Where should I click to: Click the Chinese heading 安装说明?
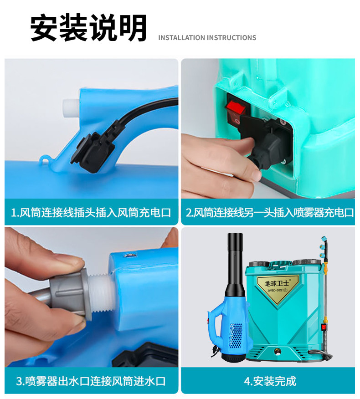coord(88,28)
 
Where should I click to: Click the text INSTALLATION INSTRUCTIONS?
coord(207,38)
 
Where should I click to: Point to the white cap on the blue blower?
coord(71,108)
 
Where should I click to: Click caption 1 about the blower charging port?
coord(91,212)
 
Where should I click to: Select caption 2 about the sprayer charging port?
coord(269,212)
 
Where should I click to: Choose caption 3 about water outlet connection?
coord(91,381)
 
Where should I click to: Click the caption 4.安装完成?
coord(270,381)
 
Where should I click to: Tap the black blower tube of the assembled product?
coord(235,265)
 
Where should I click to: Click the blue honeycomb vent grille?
coord(236,336)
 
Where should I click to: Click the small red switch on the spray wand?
coord(324,327)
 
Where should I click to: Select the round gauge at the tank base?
coord(277,352)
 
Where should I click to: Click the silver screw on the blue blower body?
coord(130,255)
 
